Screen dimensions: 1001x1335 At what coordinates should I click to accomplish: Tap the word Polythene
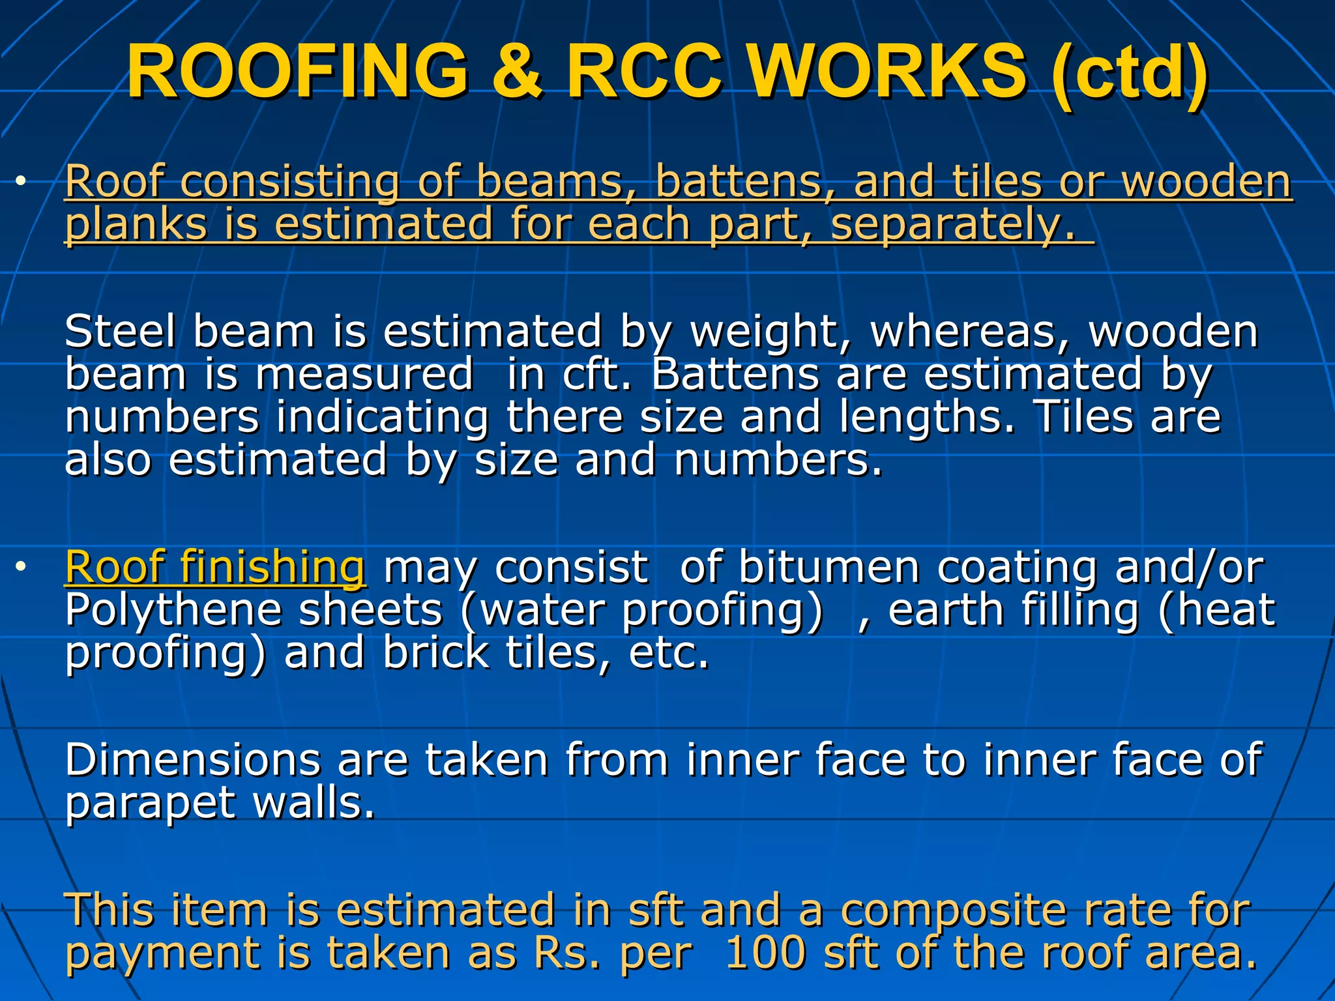173,611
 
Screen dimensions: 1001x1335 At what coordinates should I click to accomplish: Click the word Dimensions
193,760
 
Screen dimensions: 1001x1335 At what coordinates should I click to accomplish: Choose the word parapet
150,803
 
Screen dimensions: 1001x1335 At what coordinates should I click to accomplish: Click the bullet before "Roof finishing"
22,567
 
